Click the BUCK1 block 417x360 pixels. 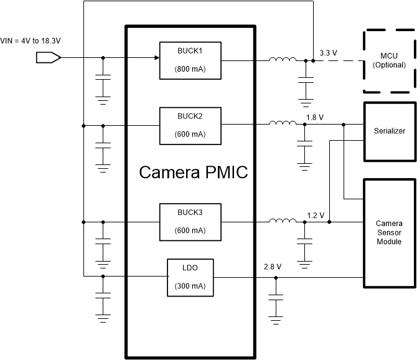click(190, 60)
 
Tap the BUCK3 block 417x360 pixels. click(190, 221)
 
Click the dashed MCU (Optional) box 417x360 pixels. click(389, 61)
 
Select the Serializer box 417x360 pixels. click(390, 132)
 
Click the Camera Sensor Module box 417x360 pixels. click(389, 233)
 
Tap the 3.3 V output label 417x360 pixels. click(327, 53)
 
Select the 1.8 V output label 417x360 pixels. click(316, 116)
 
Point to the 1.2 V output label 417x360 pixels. click(316, 215)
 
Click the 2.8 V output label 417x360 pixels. click(273, 267)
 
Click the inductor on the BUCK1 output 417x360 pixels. click(283, 60)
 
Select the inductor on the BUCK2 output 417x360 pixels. click(283, 123)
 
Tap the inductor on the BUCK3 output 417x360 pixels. click(283, 220)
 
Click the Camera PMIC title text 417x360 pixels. click(193, 172)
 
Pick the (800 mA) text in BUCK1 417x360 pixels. click(190, 69)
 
